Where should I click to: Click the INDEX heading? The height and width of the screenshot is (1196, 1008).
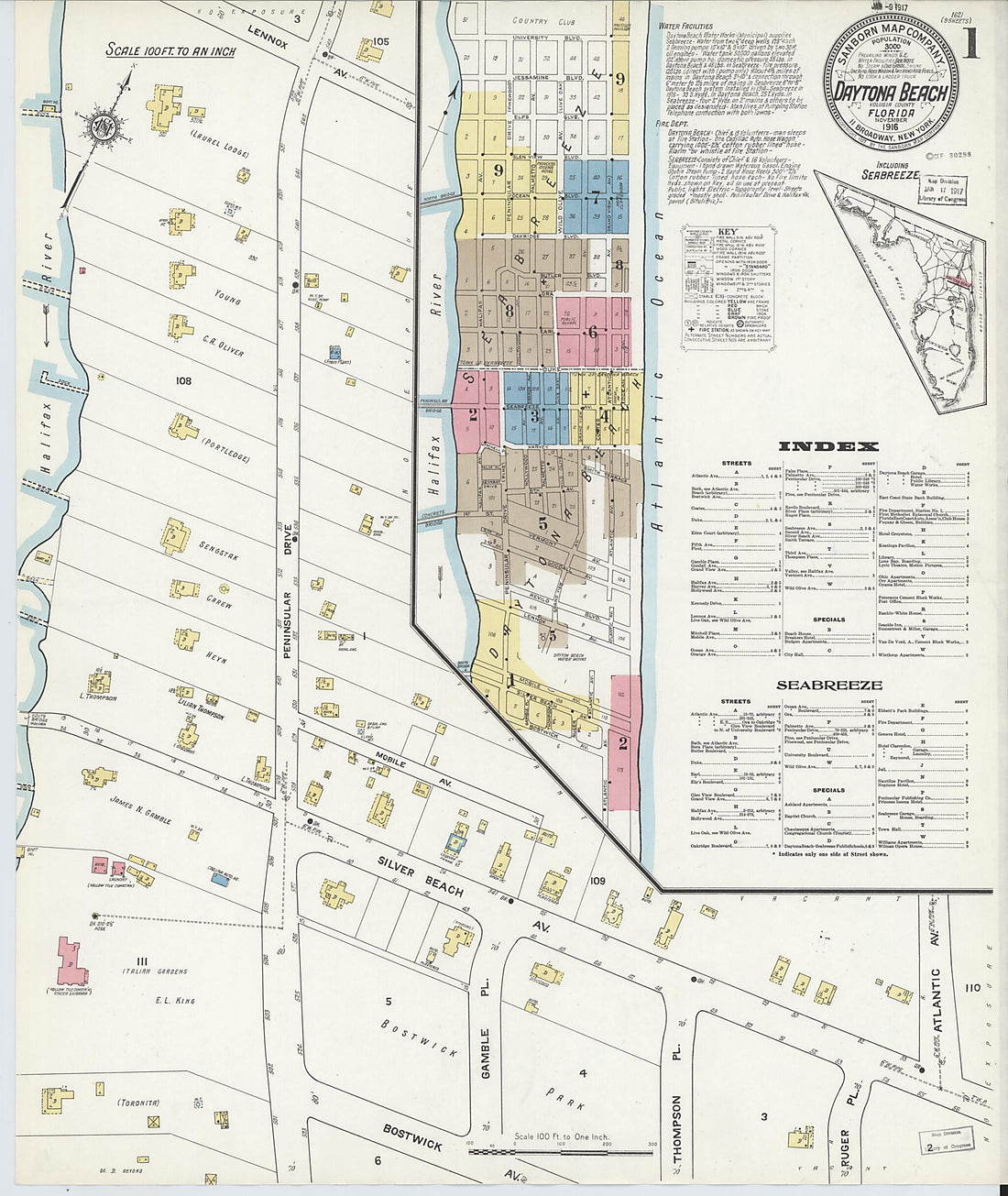click(828, 446)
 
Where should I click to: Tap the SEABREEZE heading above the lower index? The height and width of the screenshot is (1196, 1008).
click(828, 685)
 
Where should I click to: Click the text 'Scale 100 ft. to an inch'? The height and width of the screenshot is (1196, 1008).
click(170, 49)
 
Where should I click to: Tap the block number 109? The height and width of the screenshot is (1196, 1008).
click(598, 881)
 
